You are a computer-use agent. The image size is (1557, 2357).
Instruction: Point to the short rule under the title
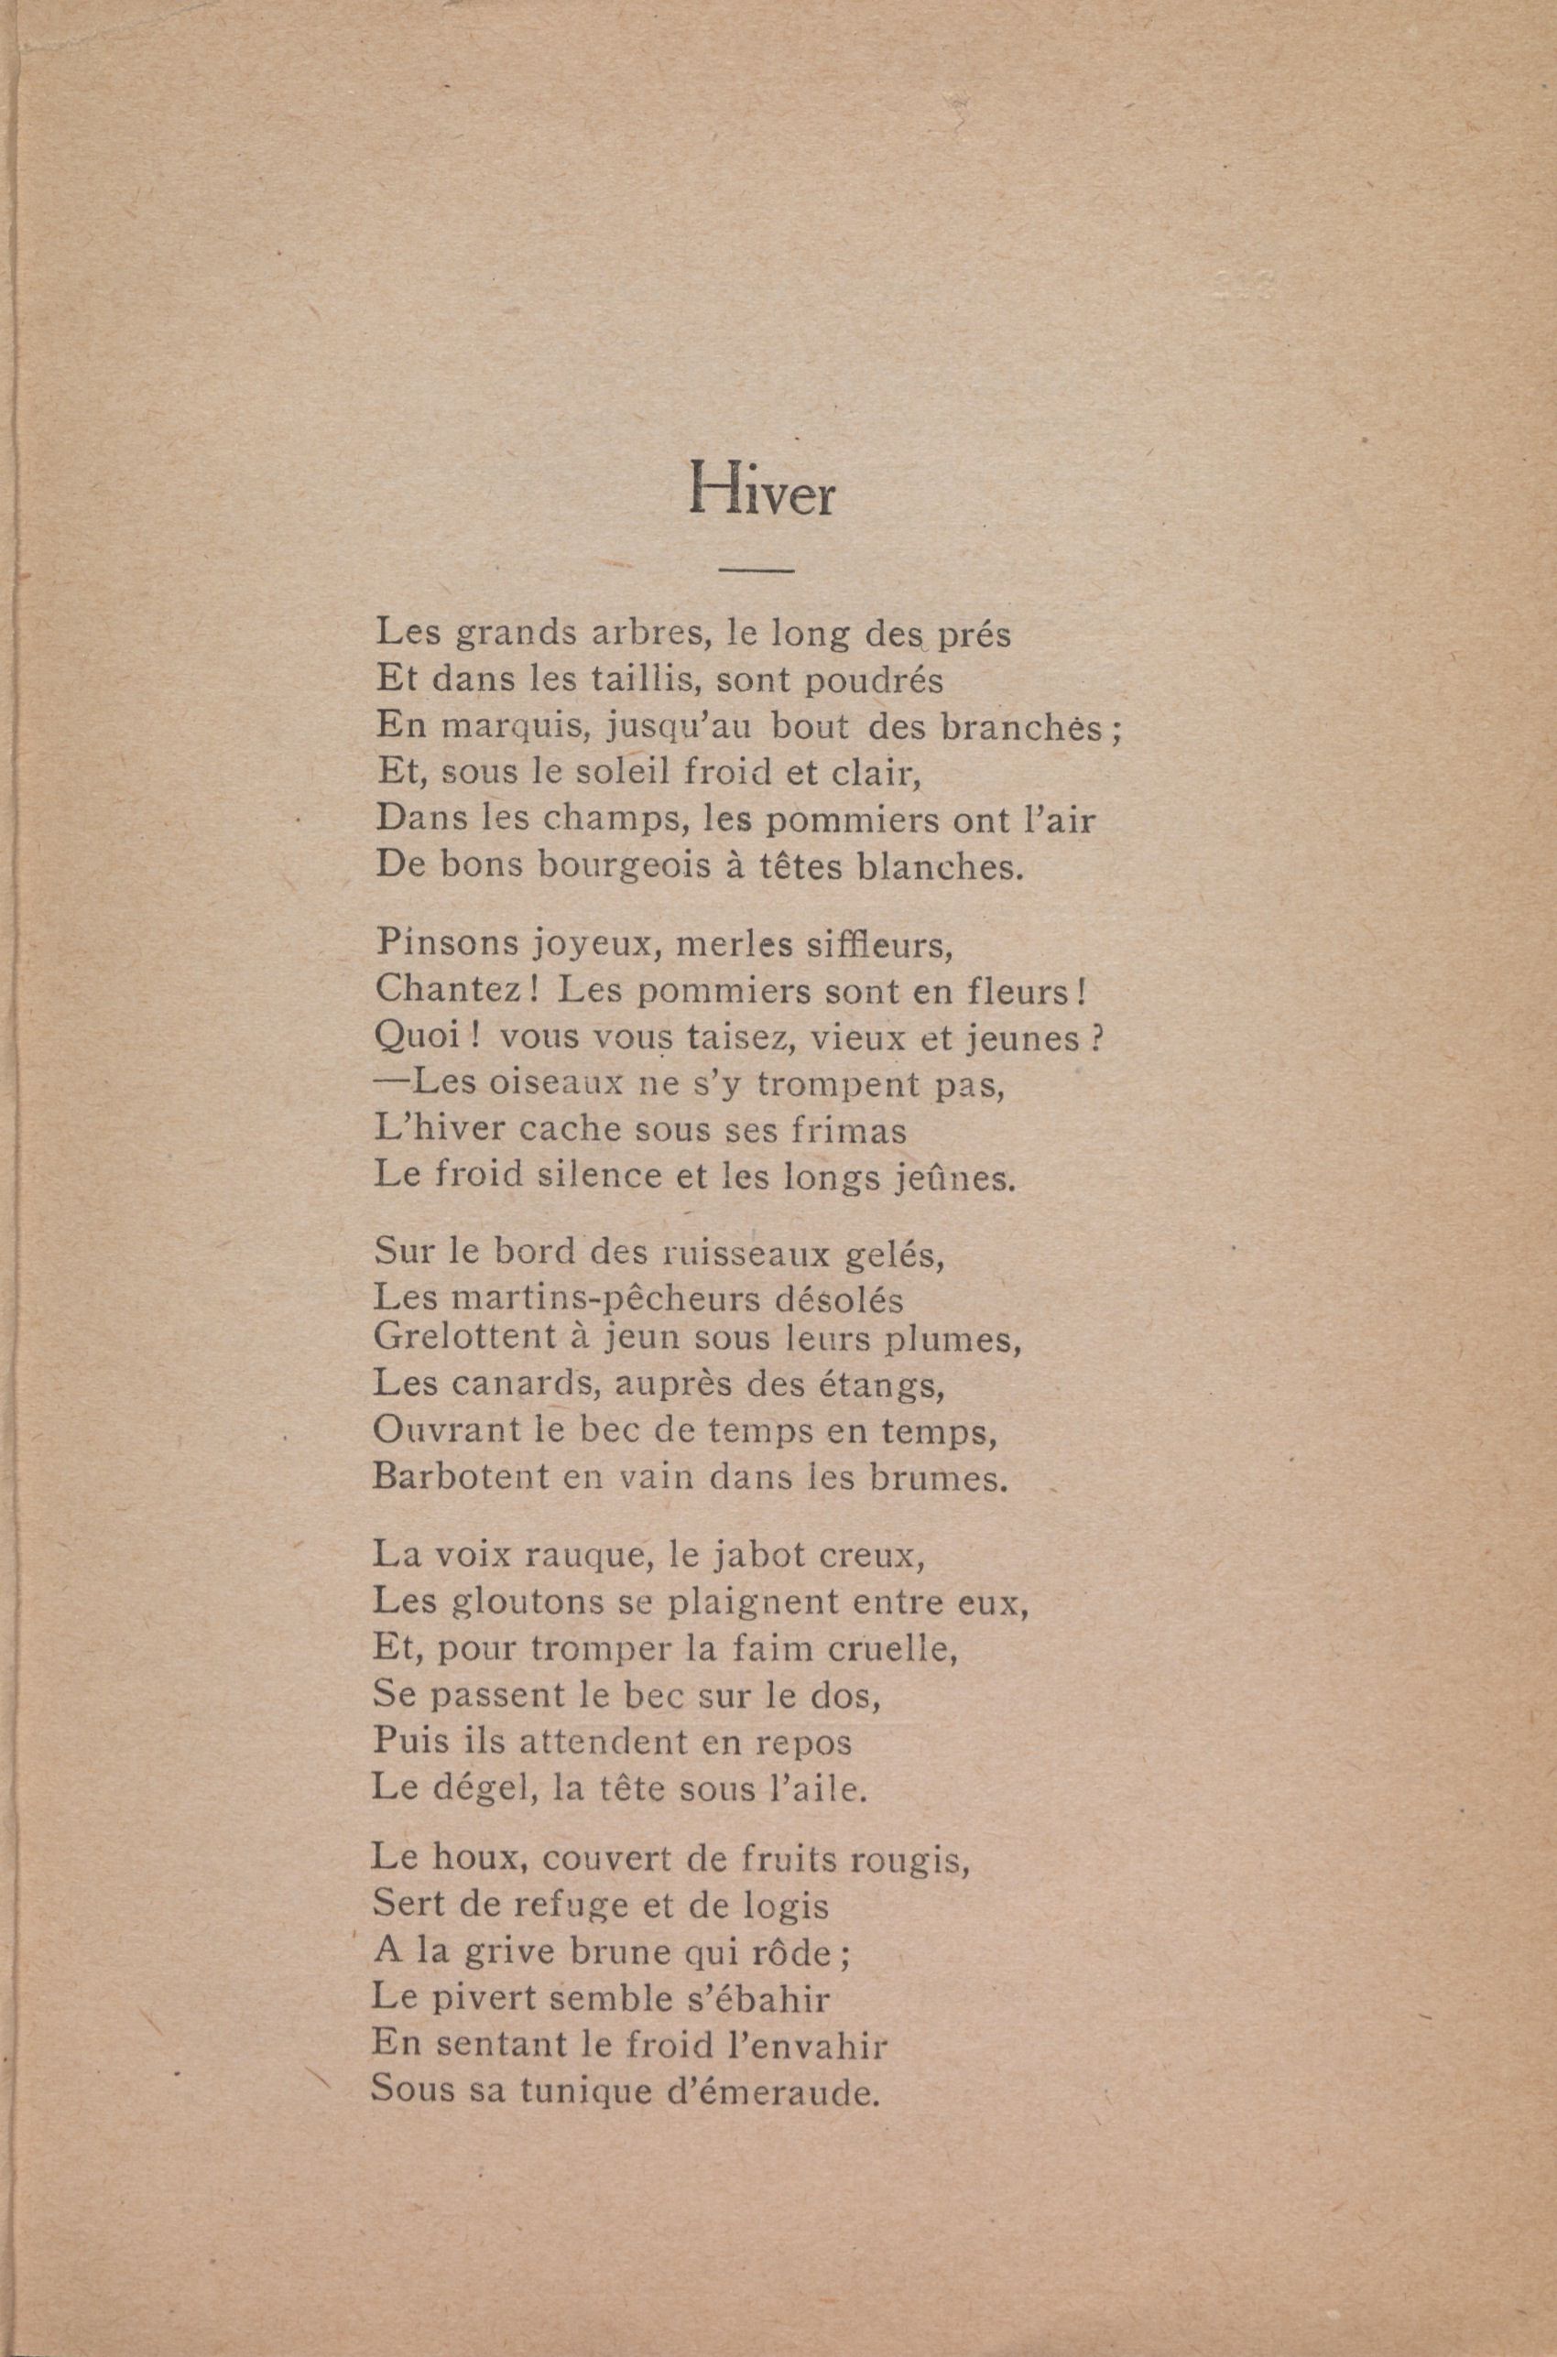tap(756, 570)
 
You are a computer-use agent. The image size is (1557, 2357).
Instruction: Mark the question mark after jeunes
tap(1098, 1037)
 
